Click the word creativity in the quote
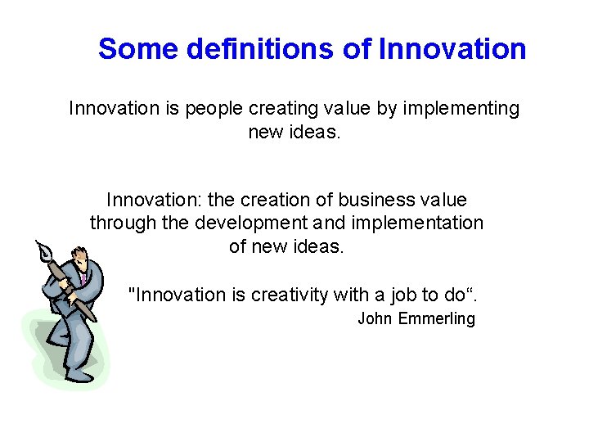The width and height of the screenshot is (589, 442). (x=284, y=295)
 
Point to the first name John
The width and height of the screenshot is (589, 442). (x=375, y=319)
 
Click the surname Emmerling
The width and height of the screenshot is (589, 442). (x=436, y=319)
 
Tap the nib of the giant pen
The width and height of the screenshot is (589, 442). (x=43, y=249)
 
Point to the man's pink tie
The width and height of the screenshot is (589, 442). (x=83, y=279)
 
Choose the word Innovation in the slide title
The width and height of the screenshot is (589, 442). (x=452, y=50)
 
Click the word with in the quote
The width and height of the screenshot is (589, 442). (x=344, y=295)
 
